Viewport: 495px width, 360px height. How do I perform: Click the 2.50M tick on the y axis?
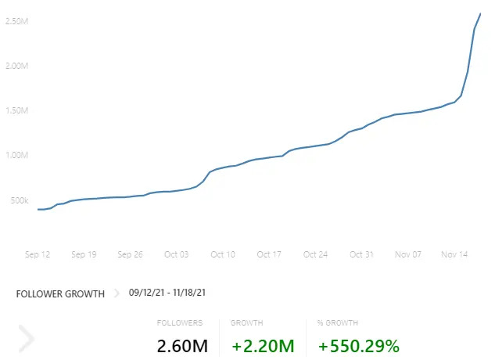click(17, 20)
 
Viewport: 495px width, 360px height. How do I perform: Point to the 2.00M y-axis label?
click(17, 66)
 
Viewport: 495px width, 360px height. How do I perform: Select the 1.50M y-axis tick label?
click(17, 111)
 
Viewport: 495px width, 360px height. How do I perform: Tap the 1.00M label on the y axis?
click(17, 155)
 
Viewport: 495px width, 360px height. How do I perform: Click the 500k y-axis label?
click(19, 200)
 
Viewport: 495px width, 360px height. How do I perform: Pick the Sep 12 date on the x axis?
click(38, 254)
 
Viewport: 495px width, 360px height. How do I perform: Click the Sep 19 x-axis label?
click(84, 254)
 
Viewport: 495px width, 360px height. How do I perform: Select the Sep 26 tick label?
click(131, 254)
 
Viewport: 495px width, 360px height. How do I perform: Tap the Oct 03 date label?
click(177, 254)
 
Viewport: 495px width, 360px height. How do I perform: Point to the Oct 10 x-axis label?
click(223, 254)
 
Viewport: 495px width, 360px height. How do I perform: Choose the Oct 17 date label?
click(269, 254)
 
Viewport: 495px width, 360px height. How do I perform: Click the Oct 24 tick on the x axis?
click(315, 254)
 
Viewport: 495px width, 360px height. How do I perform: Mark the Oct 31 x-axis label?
click(361, 254)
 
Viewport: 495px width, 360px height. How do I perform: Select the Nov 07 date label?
click(408, 254)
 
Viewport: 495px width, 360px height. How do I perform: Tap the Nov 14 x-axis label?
click(454, 254)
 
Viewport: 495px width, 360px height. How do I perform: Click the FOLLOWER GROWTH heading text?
click(60, 294)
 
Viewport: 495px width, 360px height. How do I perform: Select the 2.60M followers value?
click(182, 345)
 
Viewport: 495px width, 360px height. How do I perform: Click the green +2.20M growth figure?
click(263, 345)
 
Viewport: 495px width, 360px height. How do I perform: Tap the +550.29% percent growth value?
click(359, 345)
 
